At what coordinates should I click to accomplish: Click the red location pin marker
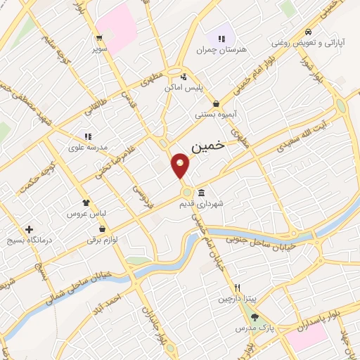pyautogui.click(x=180, y=166)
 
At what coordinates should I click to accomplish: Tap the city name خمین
pyautogui.click(x=207, y=146)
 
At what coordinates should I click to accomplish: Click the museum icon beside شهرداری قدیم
pyautogui.click(x=202, y=193)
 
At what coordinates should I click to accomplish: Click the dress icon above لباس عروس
pyautogui.click(x=86, y=202)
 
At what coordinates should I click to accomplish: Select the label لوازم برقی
pyautogui.click(x=103, y=240)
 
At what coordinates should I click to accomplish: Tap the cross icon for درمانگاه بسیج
pyautogui.click(x=29, y=229)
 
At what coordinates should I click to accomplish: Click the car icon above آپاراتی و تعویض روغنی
pyautogui.click(x=308, y=32)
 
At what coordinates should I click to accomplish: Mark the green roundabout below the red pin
pyautogui.click(x=186, y=192)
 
